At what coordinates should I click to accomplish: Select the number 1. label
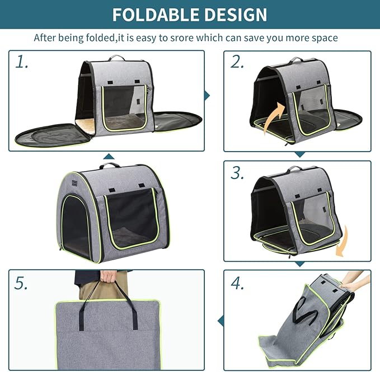coord(22,62)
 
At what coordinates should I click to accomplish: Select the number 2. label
coord(237,62)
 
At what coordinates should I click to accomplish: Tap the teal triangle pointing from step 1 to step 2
coord(207,96)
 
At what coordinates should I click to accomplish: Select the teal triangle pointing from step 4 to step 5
coord(219,321)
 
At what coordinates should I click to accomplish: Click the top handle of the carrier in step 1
coord(117,57)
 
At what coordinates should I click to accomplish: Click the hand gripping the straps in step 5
coord(109,276)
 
